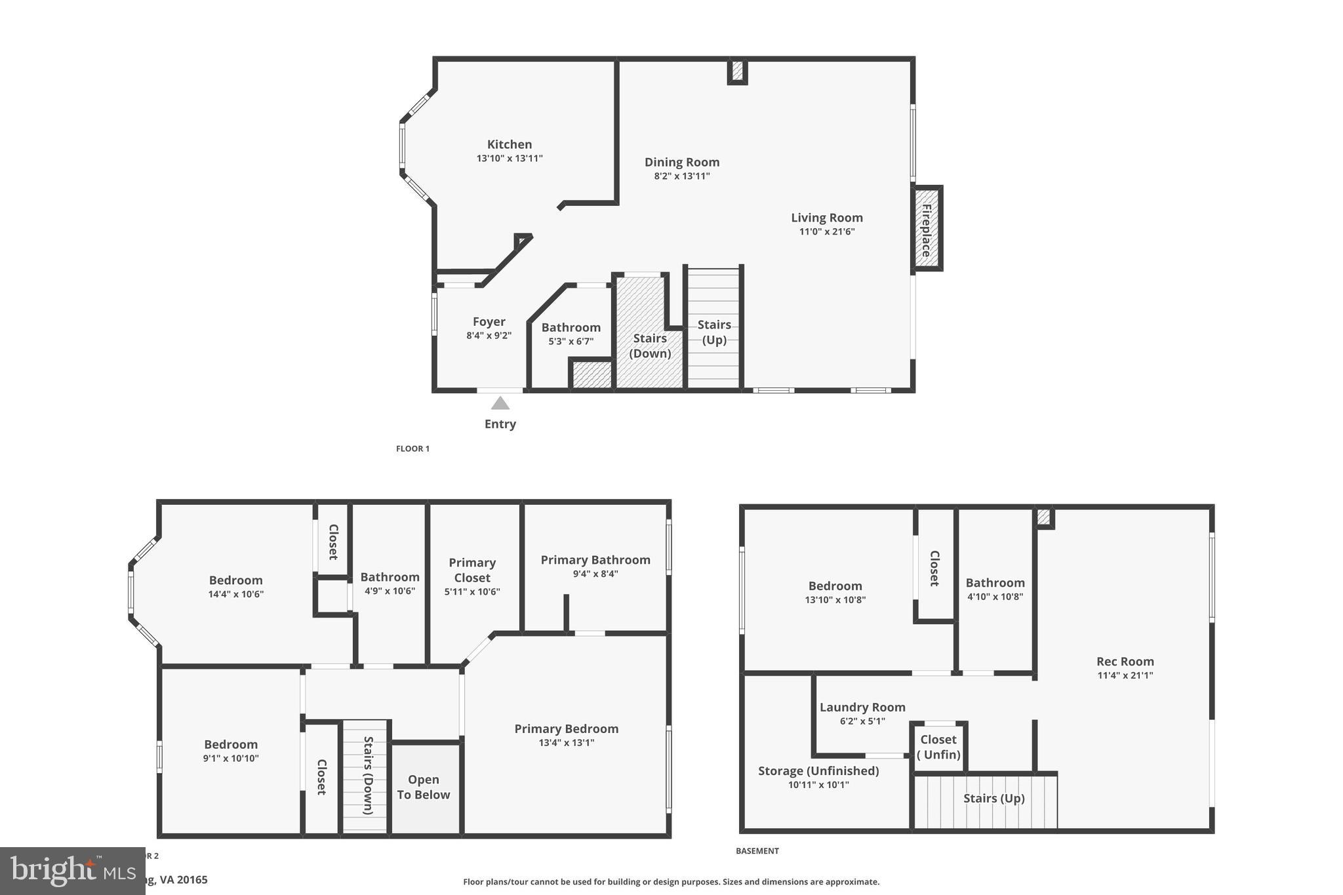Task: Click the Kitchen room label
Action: (x=510, y=144)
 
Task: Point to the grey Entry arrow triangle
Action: (x=500, y=403)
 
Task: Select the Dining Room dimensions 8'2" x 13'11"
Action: (x=682, y=176)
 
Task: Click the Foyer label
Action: (x=489, y=322)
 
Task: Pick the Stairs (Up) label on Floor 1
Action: (x=714, y=332)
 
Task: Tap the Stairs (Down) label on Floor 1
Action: (x=650, y=346)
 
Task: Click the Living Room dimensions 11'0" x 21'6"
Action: (x=827, y=231)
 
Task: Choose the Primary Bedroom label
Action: (x=567, y=728)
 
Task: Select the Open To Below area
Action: (x=424, y=787)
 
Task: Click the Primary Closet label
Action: (x=472, y=570)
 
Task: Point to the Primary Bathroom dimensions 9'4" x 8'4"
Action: (x=595, y=574)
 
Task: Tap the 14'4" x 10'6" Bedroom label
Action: (x=236, y=580)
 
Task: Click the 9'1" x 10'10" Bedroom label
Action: (x=231, y=744)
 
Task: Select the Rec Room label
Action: (x=1125, y=662)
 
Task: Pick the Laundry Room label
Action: (x=862, y=707)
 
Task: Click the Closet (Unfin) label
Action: (x=938, y=747)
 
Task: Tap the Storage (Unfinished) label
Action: (x=818, y=771)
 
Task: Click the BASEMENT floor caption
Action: (x=757, y=851)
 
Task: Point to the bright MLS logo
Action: (x=72, y=871)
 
